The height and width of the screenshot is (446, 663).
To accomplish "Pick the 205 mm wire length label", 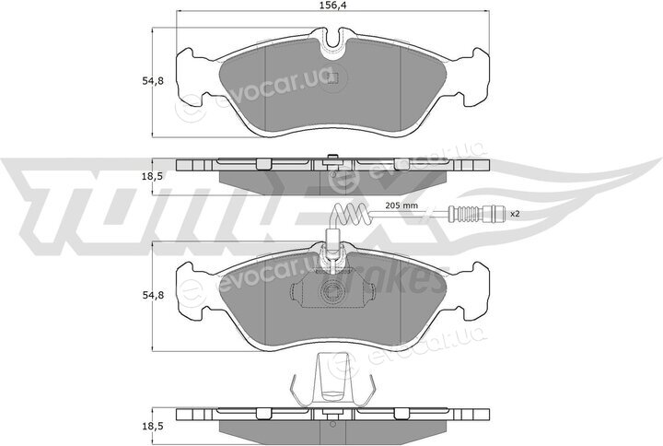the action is (x=401, y=205).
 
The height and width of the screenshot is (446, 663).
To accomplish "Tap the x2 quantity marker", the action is (x=514, y=214).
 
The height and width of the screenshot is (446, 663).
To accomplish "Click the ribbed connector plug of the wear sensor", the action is (x=478, y=214).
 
